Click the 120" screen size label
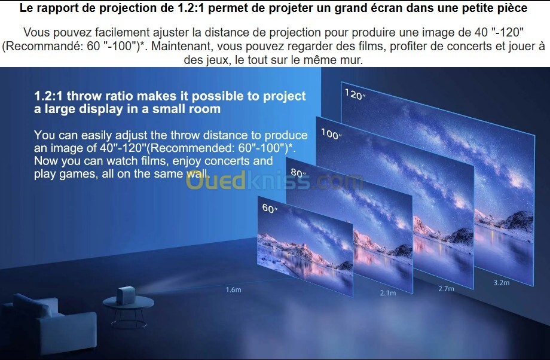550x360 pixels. point(355,94)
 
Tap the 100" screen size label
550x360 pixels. point(331,134)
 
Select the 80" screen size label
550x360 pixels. point(298,173)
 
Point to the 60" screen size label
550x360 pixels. point(270,209)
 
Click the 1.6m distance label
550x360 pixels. point(233,289)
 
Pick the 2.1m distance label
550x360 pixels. point(388,292)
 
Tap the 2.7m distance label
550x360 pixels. point(446,289)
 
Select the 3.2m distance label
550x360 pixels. point(501,282)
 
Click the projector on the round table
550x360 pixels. point(126,295)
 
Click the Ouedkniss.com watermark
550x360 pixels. point(274,181)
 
